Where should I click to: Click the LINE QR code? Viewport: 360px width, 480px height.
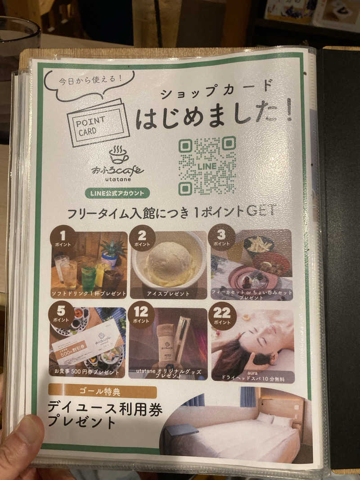pyautogui.click(x=207, y=166)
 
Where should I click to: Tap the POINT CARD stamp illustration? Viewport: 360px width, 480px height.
pyautogui.click(x=98, y=122)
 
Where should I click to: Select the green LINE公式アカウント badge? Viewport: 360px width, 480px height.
pyautogui.click(x=117, y=193)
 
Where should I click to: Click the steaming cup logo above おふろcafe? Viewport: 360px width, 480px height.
pyautogui.click(x=118, y=154)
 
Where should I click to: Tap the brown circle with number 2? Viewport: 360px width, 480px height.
pyautogui.click(x=142, y=238)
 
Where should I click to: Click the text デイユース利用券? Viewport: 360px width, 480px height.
pyautogui.click(x=105, y=409)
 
